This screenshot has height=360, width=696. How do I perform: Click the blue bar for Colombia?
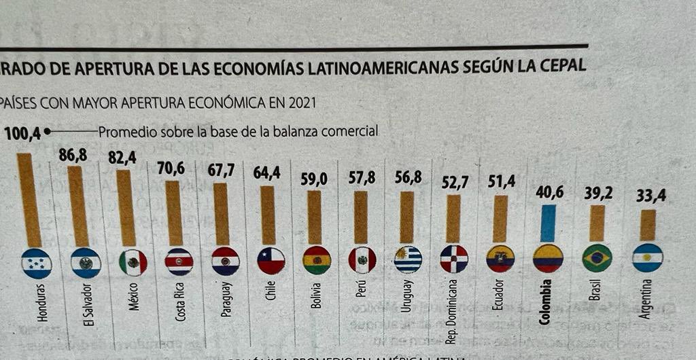point(548,223)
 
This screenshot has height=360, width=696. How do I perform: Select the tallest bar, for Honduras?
point(29,200)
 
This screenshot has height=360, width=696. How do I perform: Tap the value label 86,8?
point(73,156)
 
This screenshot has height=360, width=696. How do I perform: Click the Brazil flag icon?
point(597,259)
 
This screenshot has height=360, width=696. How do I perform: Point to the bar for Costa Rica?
point(174,213)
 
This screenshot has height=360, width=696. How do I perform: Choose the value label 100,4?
point(22,134)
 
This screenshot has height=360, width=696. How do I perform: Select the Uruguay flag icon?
point(408,259)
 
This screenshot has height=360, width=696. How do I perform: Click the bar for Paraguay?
point(222,214)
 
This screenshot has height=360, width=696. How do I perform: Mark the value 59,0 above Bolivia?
point(314,179)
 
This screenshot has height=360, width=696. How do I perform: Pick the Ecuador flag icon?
point(500,259)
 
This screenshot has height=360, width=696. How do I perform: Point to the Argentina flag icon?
point(647,258)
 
